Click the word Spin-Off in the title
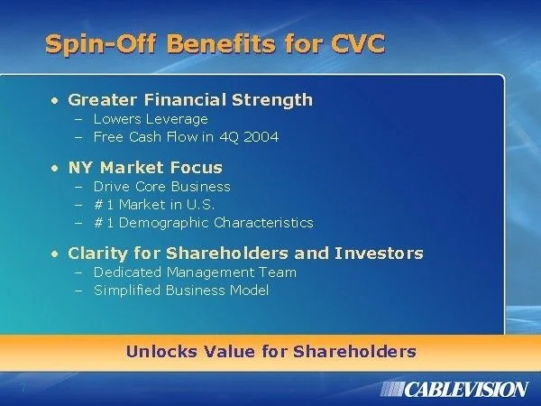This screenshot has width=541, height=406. pyautogui.click(x=101, y=45)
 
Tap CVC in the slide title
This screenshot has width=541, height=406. pyautogui.click(x=358, y=43)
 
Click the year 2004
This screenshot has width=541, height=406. pyautogui.click(x=261, y=137)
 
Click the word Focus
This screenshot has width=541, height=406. pyautogui.click(x=196, y=168)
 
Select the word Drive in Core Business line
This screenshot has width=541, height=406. pyautogui.click(x=112, y=187)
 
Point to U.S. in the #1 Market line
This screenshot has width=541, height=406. pyautogui.click(x=200, y=205)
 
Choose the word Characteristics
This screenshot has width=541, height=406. pyautogui.click(x=263, y=223)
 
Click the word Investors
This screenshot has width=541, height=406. pyautogui.click(x=379, y=253)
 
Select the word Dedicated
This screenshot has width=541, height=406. pyautogui.click(x=128, y=272)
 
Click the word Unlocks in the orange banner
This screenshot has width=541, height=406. pyautogui.click(x=161, y=352)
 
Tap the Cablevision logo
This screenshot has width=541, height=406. pyautogui.click(x=454, y=390)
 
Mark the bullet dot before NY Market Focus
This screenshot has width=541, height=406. pyautogui.click(x=54, y=169)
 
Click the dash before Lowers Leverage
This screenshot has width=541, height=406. pyautogui.click(x=78, y=120)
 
